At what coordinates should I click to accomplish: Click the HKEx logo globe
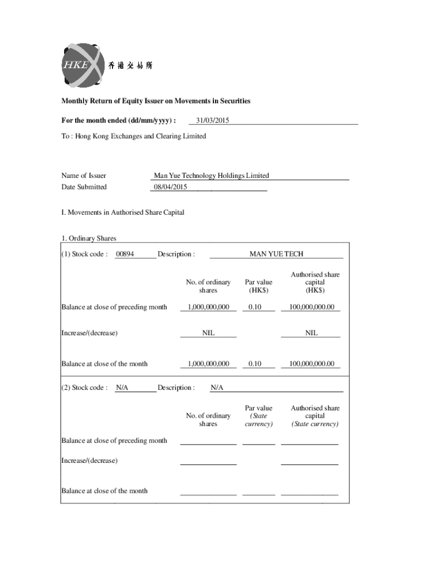[x=82, y=65]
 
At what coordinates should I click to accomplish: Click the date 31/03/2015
[x=209, y=120]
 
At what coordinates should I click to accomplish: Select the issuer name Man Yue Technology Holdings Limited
[x=211, y=176]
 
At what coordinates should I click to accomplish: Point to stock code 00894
[x=124, y=254]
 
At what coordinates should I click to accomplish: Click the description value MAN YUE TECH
[x=276, y=254]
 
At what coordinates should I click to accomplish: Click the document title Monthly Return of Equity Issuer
[x=155, y=101]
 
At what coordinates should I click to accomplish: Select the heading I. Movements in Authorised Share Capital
[x=123, y=212]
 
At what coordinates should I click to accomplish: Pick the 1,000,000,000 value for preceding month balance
[x=208, y=307]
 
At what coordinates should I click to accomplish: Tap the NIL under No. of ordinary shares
[x=208, y=333]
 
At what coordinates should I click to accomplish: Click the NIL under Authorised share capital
[x=311, y=333]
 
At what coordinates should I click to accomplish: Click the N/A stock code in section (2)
[x=122, y=388]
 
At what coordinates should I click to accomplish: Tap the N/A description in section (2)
[x=217, y=388]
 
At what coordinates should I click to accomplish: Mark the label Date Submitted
[x=84, y=187]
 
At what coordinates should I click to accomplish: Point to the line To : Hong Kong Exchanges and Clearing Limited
[x=133, y=136]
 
